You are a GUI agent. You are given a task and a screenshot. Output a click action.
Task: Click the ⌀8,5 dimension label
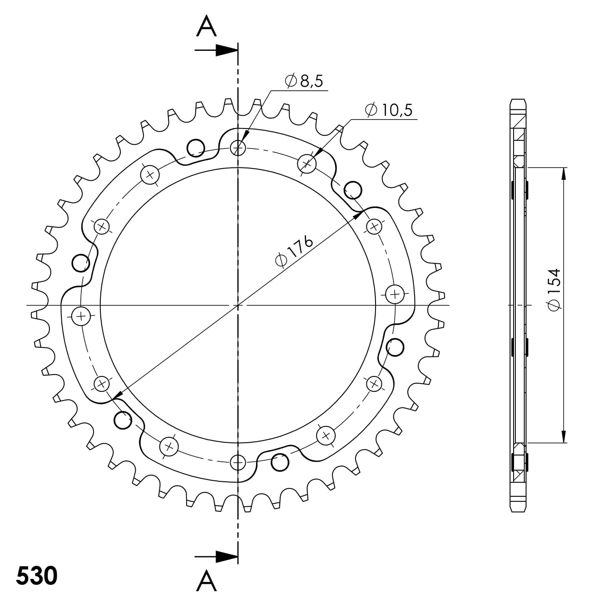304,82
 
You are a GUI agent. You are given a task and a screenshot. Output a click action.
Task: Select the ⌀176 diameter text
294,251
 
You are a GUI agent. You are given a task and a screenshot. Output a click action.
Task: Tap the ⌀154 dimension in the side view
555,290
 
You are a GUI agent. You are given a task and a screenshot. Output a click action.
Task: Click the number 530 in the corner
37,576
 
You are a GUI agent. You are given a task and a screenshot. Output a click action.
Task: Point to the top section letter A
206,26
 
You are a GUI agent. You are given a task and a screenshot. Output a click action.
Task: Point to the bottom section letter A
206,581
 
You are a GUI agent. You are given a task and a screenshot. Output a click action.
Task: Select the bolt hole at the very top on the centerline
237,147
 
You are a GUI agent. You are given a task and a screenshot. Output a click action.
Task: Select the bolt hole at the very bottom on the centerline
237,463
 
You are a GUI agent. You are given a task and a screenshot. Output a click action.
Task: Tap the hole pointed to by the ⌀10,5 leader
306,163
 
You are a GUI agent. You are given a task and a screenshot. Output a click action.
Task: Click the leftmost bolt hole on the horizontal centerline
81,315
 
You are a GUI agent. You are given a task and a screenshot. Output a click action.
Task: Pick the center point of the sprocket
237,305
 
